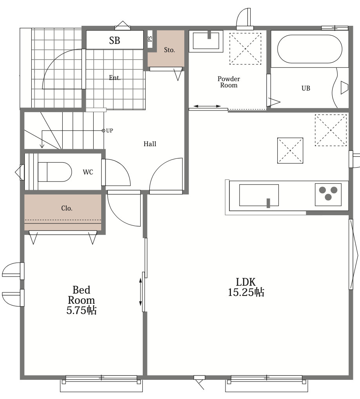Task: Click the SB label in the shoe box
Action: tap(115, 40)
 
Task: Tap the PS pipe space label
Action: tap(150, 39)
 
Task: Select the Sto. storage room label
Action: tap(169, 50)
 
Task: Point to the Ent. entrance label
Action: tap(115, 78)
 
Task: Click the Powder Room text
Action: tap(229, 82)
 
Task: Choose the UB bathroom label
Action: tap(306, 88)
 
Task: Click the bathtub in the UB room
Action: tap(309, 49)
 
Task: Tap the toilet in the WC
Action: tap(55, 172)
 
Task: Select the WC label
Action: tap(88, 172)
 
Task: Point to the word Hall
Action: tap(150, 144)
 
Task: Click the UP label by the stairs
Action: tap(109, 131)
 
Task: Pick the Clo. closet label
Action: tap(67, 208)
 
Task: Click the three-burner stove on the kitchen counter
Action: tap(328, 195)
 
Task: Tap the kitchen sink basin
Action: tap(259, 195)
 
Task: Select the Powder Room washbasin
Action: tap(206, 40)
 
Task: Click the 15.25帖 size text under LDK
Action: tap(245, 292)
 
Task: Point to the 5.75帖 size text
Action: tap(82, 310)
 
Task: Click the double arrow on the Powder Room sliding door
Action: tap(207, 106)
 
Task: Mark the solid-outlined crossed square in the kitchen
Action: tap(290, 151)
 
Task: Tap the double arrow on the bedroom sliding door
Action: tap(140, 292)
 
